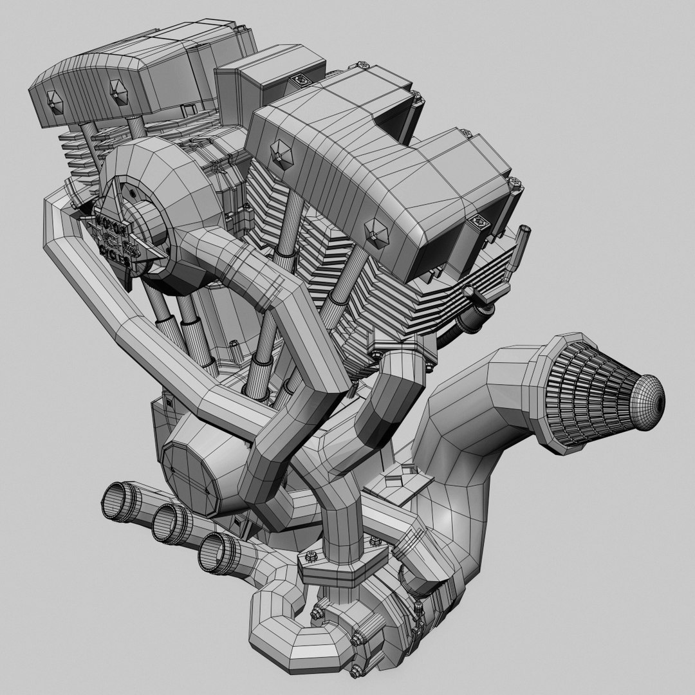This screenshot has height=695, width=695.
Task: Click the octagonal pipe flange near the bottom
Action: pos(338,570)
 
